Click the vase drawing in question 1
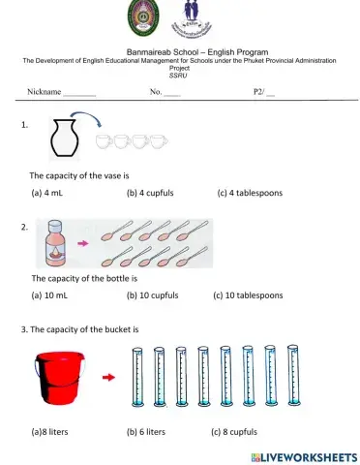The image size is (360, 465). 63,138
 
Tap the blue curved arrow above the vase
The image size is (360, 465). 87,120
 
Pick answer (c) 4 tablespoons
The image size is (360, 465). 250,193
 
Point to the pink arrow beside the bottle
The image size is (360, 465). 84,244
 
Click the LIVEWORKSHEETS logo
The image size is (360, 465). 303,455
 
